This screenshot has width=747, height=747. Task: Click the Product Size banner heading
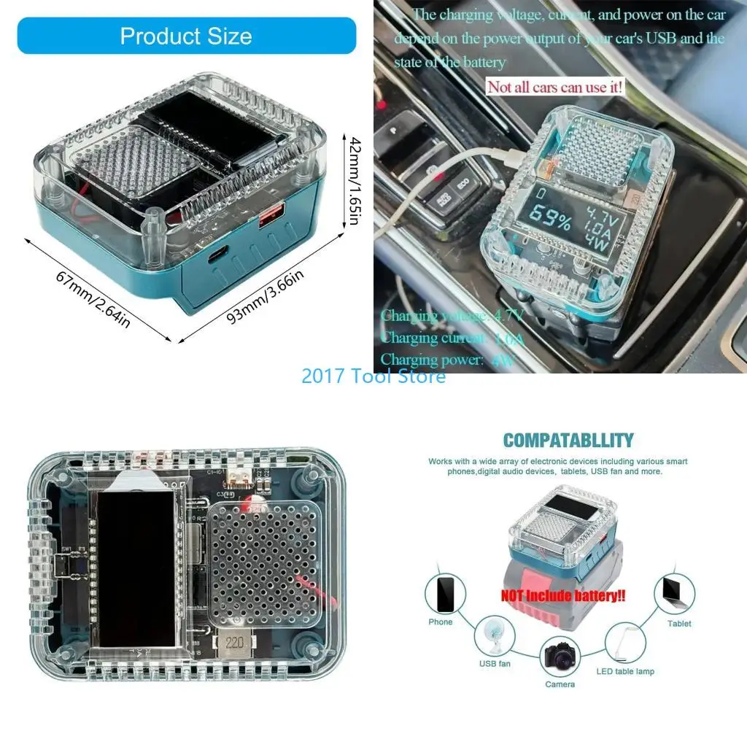tap(186, 36)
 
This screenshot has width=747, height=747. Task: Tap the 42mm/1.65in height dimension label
tap(354, 180)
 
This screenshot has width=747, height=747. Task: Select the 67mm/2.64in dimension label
tap(93, 300)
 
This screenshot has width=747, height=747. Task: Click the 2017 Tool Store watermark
tap(373, 376)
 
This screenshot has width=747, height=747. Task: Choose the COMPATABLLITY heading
tap(568, 441)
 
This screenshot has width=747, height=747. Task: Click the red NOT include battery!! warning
tap(563, 595)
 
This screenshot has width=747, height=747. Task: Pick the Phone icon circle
tap(445, 594)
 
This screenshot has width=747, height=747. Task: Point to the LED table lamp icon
tap(625, 642)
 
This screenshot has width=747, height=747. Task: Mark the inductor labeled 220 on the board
tap(233, 643)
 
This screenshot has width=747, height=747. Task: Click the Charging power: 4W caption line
tap(448, 360)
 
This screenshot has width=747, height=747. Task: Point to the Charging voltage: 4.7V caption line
tap(452, 316)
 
